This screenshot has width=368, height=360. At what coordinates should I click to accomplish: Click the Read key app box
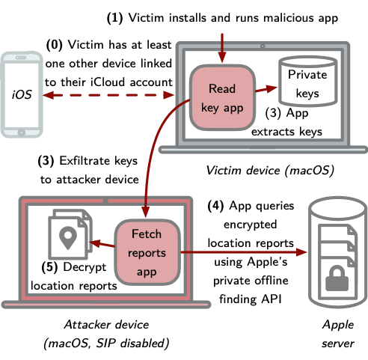click(x=222, y=97)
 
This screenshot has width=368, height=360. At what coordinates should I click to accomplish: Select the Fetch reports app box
click(x=147, y=251)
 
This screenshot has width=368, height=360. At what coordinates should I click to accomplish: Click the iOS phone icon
click(x=22, y=95)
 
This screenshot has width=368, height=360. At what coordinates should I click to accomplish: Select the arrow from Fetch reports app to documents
click(x=99, y=241)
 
